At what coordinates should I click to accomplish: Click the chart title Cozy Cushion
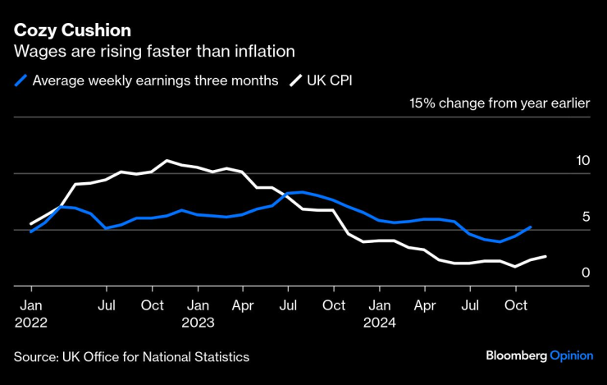point(72,30)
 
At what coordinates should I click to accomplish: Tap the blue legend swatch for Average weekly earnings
point(21,80)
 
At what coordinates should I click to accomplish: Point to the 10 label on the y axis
point(583,161)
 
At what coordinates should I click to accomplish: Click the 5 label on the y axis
point(586,217)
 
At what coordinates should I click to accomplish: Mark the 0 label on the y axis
point(586,273)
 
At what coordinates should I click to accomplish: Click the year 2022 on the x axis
point(30,323)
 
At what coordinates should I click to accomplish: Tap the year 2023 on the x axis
point(198,323)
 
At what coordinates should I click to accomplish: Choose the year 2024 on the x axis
point(379,323)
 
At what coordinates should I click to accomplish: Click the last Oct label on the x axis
point(515,306)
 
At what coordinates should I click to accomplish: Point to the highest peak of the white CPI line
point(167,160)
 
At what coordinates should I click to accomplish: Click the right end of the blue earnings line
point(531,227)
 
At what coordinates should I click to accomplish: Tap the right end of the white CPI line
point(545,256)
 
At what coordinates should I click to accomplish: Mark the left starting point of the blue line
point(31,231)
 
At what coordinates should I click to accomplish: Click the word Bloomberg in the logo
point(516,356)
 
